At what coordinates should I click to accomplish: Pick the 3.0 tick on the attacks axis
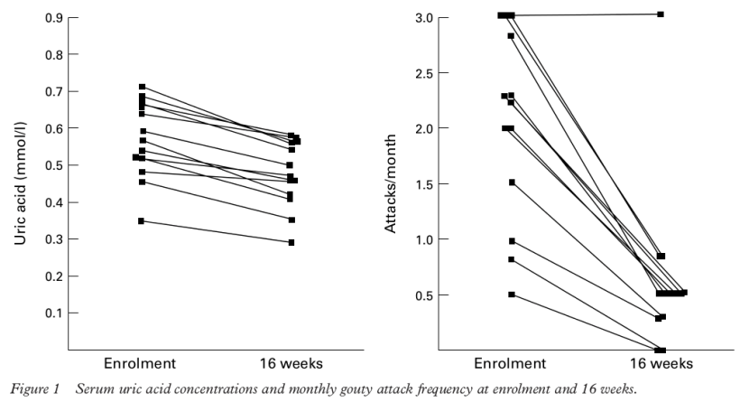click(x=413, y=17)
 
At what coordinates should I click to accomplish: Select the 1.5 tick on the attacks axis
click(x=413, y=184)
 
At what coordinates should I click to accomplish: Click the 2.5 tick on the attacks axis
click(x=413, y=73)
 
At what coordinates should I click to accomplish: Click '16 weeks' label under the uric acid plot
click(x=291, y=363)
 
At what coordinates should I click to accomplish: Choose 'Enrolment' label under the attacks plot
click(x=511, y=363)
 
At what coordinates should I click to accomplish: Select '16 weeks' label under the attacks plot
click(x=661, y=363)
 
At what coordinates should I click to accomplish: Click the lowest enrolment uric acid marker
click(x=142, y=220)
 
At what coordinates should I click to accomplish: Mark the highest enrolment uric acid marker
click(x=142, y=87)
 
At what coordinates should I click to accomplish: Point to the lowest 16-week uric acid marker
click(x=291, y=242)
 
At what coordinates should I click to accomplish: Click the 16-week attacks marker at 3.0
click(x=661, y=14)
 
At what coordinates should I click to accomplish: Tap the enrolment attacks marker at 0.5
click(x=512, y=294)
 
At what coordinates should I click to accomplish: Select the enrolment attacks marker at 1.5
click(x=512, y=182)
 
